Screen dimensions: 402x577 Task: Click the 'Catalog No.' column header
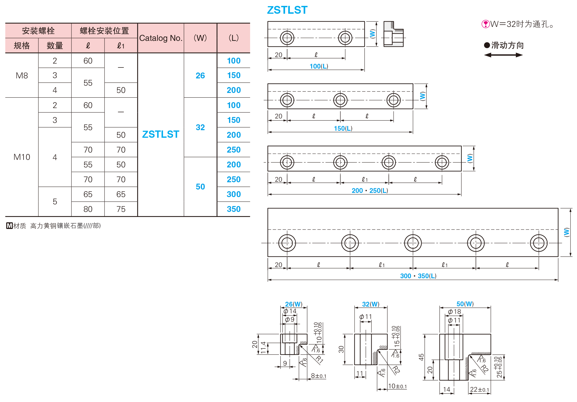(160, 38)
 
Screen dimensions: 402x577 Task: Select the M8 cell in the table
(22, 76)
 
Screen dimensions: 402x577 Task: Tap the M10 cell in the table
(22, 157)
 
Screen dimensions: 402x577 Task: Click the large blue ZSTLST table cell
(160, 134)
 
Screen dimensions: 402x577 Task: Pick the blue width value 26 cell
(200, 76)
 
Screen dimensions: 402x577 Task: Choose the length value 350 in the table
(234, 209)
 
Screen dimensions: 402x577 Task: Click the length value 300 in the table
(234, 194)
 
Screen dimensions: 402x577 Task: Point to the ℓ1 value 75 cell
(121, 209)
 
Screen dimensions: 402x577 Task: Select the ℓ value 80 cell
(88, 209)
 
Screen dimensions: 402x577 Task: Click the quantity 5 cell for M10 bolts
(55, 202)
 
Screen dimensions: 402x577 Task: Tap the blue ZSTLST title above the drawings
(287, 10)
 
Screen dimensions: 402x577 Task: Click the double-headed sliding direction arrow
(503, 55)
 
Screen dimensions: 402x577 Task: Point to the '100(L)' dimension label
(319, 66)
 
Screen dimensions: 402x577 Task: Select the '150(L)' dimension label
(343, 128)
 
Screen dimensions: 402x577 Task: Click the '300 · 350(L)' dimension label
(418, 276)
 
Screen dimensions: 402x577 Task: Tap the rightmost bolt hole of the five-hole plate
(539, 243)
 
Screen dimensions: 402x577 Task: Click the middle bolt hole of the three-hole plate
(340, 100)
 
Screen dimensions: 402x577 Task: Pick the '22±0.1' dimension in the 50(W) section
(479, 389)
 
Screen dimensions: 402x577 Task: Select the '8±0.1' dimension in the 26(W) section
(318, 376)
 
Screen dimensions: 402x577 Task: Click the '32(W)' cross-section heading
(371, 304)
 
